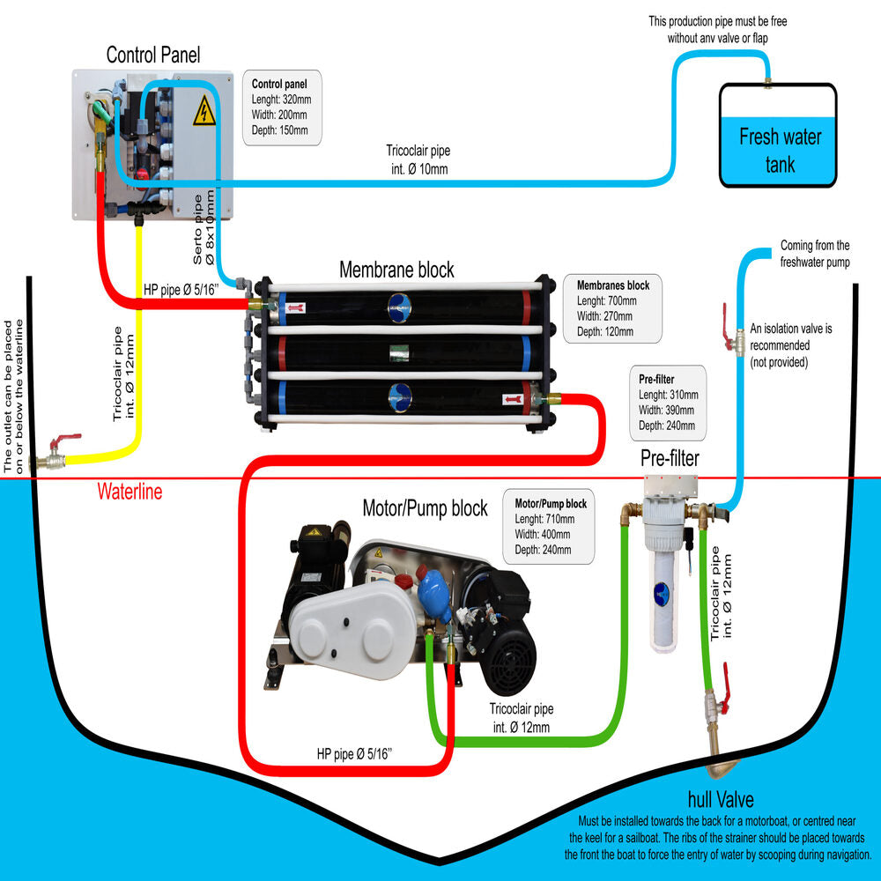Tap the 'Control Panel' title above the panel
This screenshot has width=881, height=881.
(x=153, y=55)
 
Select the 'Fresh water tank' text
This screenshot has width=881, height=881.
(x=780, y=150)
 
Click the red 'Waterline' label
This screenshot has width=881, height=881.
(x=130, y=492)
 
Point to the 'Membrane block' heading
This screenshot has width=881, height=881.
(x=396, y=269)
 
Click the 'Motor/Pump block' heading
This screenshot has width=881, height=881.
(x=425, y=508)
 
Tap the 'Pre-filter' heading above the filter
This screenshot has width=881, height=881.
(x=670, y=458)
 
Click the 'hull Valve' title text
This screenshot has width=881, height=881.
(x=720, y=800)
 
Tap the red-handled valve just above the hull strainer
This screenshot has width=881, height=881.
(x=718, y=700)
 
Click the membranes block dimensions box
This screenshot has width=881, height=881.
(x=612, y=307)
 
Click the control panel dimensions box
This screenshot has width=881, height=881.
(x=281, y=107)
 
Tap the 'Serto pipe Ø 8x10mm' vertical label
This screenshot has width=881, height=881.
(x=204, y=228)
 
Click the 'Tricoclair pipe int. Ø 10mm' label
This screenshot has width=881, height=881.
(x=417, y=159)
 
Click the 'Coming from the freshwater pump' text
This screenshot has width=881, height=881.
(x=815, y=254)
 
